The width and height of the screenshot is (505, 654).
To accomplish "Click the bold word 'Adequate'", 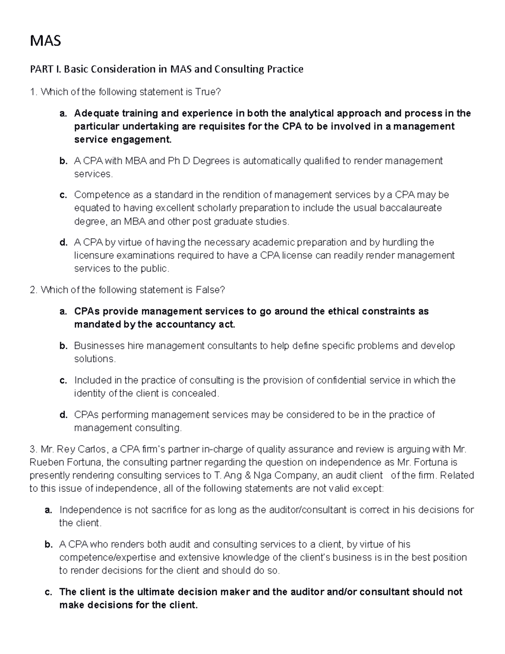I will pyautogui.click(x=96, y=113).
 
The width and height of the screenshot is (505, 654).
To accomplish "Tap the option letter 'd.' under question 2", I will pyautogui.click(x=63, y=415).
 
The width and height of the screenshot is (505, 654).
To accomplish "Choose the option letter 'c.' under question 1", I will pyautogui.click(x=63, y=195).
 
